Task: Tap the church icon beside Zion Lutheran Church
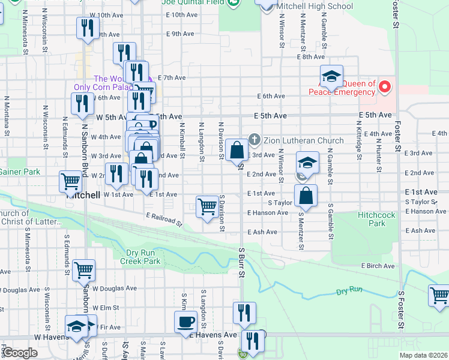pos(255,141)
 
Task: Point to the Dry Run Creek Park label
pos(140,257)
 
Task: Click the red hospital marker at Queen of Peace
pos(385,88)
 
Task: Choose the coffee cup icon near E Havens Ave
pos(185,321)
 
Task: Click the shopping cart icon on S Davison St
pos(207,206)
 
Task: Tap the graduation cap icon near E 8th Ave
pos(331,76)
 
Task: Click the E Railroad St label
pos(164,219)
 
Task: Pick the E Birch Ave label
pos(378,266)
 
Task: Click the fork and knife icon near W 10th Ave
pos(88,27)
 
